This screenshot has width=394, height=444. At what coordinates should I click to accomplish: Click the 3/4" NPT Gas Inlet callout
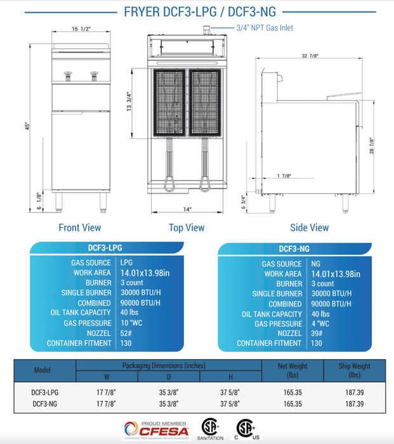click(x=264, y=28)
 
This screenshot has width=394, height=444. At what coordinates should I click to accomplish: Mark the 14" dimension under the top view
click(x=187, y=209)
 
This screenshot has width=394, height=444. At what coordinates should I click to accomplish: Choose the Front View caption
click(x=79, y=227)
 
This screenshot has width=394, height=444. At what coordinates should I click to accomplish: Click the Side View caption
click(x=309, y=227)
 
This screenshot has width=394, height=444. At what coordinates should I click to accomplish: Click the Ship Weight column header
click(x=355, y=370)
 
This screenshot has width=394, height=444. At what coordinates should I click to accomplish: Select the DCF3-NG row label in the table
click(x=45, y=403)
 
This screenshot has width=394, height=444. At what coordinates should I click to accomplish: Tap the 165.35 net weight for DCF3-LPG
click(x=292, y=392)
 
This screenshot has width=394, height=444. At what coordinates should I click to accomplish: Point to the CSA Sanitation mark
click(x=210, y=428)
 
